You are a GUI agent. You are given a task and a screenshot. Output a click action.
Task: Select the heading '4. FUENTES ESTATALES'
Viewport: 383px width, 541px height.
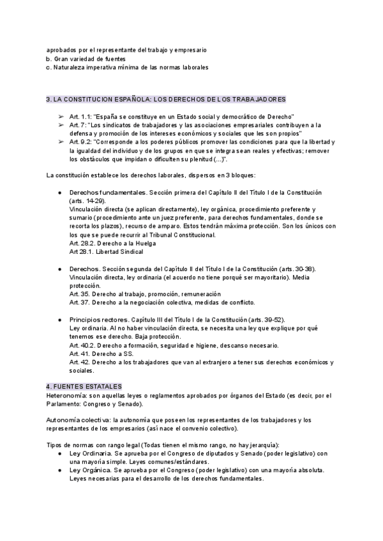pyautogui.click(x=84, y=387)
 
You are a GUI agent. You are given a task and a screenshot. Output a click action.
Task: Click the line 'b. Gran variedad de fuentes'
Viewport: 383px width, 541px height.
pyautogui.click(x=86, y=59)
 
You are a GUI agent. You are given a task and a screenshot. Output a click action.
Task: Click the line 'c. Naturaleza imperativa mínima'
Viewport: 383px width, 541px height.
pyautogui.click(x=128, y=68)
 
